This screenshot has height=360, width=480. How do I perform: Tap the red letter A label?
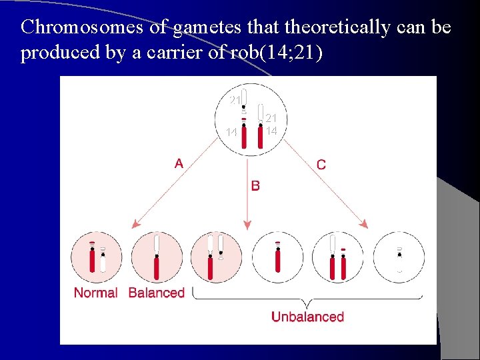tap(179, 163)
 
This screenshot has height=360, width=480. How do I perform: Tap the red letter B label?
tap(255, 185)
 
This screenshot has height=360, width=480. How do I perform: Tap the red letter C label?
tap(321, 164)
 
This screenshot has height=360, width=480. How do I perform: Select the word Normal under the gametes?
tap(95, 293)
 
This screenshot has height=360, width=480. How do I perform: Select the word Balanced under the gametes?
tap(156, 293)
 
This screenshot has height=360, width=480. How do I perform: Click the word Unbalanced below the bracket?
tap(307, 317)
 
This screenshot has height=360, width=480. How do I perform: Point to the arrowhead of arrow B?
tap(247, 225)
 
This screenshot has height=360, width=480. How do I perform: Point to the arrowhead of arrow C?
tap(363, 225)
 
